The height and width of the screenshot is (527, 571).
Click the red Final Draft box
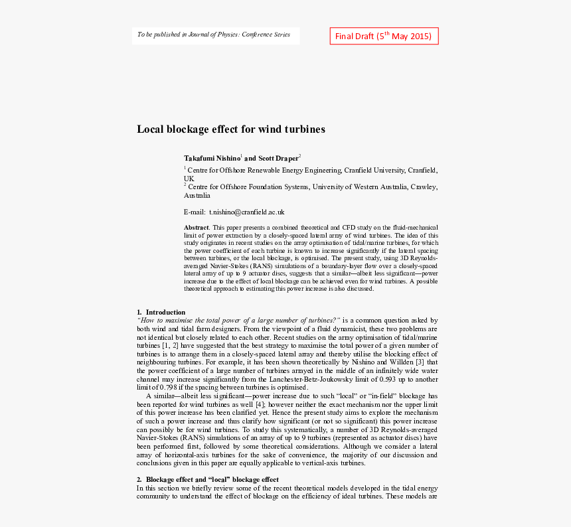384,36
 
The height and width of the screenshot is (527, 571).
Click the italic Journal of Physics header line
214,35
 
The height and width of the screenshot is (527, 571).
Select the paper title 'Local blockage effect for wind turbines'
231,129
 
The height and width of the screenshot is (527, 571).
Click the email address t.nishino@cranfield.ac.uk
247,212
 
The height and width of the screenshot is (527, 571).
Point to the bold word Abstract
197,228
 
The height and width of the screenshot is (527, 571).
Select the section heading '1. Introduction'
161,312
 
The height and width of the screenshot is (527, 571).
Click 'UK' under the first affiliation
189,179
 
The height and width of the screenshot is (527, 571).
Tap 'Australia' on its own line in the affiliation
197,196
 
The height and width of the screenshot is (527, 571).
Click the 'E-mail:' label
195,212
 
